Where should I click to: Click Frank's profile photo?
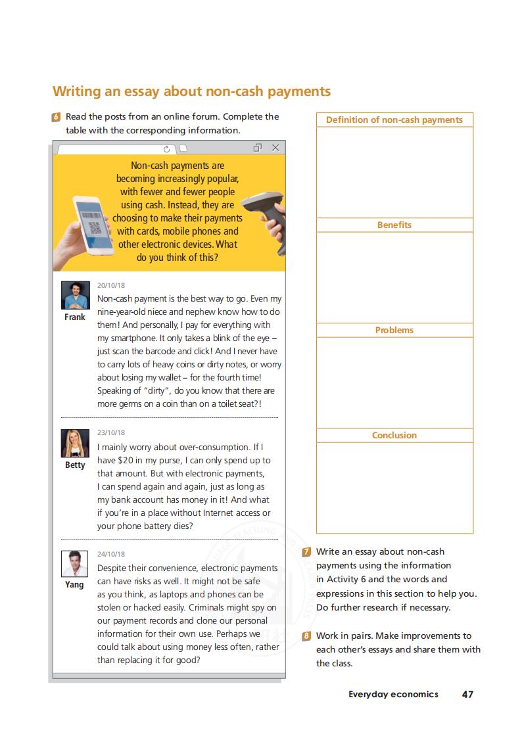click(75, 296)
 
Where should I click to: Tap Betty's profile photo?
click(75, 444)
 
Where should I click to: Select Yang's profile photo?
click(75, 564)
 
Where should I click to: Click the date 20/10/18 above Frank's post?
click(111, 285)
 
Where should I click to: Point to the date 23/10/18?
click(111, 432)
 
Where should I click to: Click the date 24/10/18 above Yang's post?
click(111, 554)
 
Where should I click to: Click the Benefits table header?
click(394, 225)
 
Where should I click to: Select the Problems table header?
click(394, 330)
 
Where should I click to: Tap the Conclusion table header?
click(394, 435)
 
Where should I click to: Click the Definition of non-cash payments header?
click(394, 120)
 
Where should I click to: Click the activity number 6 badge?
click(57, 117)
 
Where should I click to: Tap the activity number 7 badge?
click(307, 552)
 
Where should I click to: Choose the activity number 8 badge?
click(307, 636)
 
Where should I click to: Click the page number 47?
click(467, 694)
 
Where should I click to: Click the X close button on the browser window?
click(275, 148)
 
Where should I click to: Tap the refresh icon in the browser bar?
click(167, 149)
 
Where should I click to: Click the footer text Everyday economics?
click(393, 694)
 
